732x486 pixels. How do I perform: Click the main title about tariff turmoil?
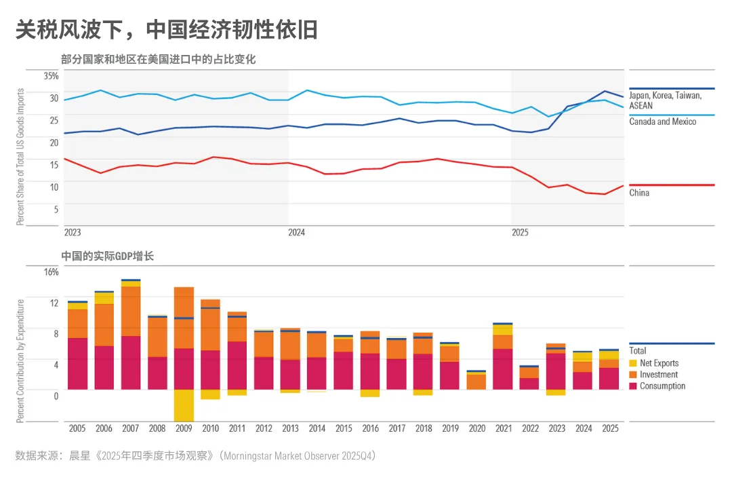(x=167, y=29)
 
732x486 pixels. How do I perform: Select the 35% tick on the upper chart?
(x=52, y=75)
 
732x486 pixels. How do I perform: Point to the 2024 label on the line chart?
(x=296, y=232)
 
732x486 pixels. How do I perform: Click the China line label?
(x=638, y=193)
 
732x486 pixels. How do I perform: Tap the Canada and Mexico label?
(x=662, y=121)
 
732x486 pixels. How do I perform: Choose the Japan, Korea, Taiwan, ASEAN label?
(x=665, y=100)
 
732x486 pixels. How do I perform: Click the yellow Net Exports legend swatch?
(x=633, y=363)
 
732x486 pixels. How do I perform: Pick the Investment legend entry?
(x=658, y=375)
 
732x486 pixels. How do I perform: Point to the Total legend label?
(x=638, y=351)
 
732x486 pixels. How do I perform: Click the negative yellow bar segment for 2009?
(x=184, y=405)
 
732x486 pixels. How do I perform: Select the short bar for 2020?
(x=476, y=381)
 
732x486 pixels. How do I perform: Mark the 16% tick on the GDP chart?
(x=52, y=272)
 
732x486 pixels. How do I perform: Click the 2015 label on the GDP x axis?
(x=343, y=429)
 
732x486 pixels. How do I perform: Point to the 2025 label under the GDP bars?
(x=609, y=429)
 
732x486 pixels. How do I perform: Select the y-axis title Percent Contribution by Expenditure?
(x=20, y=361)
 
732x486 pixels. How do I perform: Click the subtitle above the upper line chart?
(x=158, y=60)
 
